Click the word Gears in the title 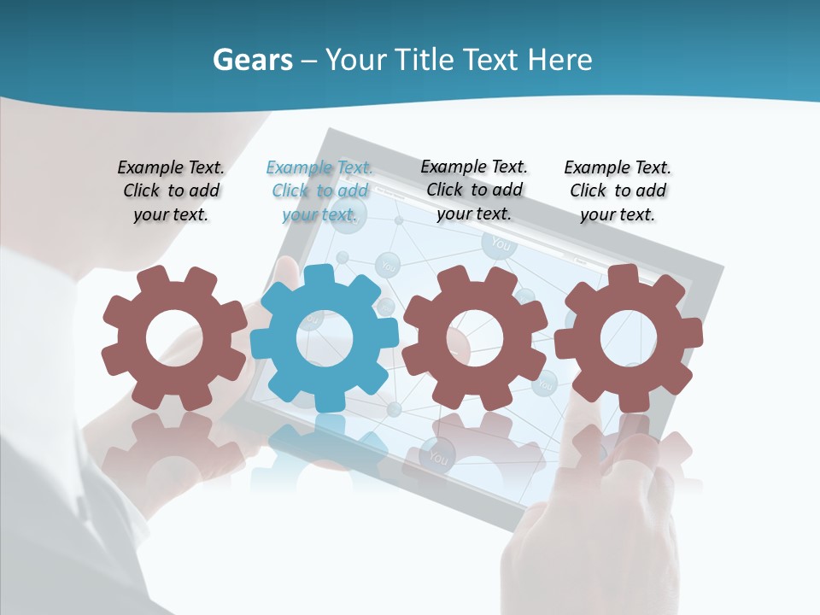252,61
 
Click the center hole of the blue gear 325,338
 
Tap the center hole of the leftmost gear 174,338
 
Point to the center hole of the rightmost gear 629,338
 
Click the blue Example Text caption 319,191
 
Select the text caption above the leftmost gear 171,191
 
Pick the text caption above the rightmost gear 618,191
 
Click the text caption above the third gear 474,190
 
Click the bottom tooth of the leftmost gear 173,399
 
